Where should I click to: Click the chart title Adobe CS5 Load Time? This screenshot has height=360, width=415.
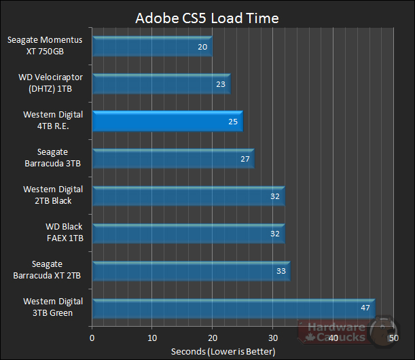point(206,17)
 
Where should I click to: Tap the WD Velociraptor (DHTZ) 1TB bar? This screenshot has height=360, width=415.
point(161,84)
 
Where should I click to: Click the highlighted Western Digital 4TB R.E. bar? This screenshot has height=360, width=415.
point(167,122)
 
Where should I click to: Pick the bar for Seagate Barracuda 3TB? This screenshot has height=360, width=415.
point(173,159)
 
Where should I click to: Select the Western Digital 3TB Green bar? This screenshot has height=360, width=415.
point(233,308)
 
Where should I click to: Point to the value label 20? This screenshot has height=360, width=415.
point(202,48)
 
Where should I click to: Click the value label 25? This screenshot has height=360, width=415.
point(232,122)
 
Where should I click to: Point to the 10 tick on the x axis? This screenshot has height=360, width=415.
point(152,337)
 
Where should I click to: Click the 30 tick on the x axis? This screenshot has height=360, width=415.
point(272,337)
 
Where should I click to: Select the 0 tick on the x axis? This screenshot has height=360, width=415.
point(92,337)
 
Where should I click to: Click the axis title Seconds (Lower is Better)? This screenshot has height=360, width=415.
point(223,351)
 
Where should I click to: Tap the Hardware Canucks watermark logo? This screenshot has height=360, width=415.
point(346,331)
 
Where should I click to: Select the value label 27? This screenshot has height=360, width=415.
point(245,160)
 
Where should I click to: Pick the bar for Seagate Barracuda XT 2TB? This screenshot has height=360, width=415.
point(190,271)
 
